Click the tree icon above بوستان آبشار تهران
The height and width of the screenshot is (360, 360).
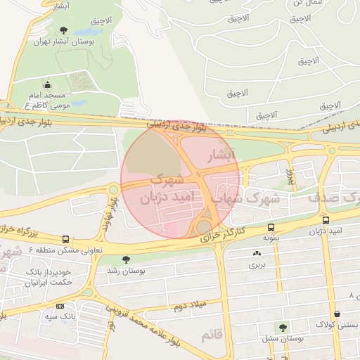point(64,30)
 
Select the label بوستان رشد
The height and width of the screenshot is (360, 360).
point(125,269)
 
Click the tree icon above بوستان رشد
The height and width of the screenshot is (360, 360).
point(126,259)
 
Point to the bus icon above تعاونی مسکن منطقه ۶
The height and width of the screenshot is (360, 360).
point(65,238)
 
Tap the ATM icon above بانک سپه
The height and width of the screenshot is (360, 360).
point(59,306)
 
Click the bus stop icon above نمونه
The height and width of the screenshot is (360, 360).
point(271,227)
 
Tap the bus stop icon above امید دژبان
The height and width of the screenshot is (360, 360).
point(325,220)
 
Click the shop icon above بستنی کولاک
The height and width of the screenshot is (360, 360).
point(340,313)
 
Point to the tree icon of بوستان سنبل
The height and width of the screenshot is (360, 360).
point(283,328)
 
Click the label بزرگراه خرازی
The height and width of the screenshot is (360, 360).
point(24,230)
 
